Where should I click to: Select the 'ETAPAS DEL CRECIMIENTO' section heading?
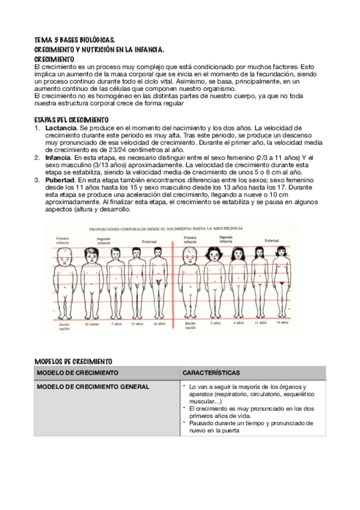[x=72, y=120]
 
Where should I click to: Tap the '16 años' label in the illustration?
[x=159, y=324]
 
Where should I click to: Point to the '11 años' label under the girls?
[x=260, y=323]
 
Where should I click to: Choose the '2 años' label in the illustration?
[x=215, y=323]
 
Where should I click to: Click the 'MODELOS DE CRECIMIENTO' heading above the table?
[x=74, y=361]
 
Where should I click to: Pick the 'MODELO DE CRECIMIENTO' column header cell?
[x=73, y=373]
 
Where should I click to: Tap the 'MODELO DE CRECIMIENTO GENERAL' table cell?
[x=93, y=386]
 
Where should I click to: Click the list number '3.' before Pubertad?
[x=37, y=179]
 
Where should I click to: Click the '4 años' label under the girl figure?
[x=239, y=323]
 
